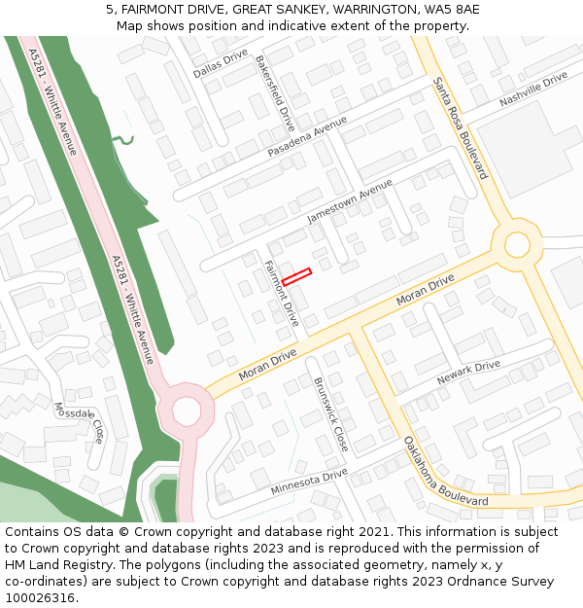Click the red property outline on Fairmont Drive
pyautogui.click(x=296, y=276)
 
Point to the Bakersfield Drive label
pyautogui.click(x=275, y=93)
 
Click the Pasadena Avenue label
pyautogui.click(x=307, y=139)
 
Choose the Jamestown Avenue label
pyautogui.click(x=350, y=201)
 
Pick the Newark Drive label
pyautogui.click(x=468, y=372)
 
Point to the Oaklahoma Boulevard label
pyautogui.click(x=446, y=471)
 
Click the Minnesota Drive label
pyautogui.click(x=309, y=481)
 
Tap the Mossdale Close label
pyautogui.click(x=80, y=421)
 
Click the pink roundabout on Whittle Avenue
pyautogui.click(x=186, y=411)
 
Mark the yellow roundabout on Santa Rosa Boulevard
pyautogui.click(x=517, y=244)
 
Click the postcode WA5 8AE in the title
pyautogui.click(x=452, y=9)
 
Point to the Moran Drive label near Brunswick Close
pyautogui.click(x=267, y=365)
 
